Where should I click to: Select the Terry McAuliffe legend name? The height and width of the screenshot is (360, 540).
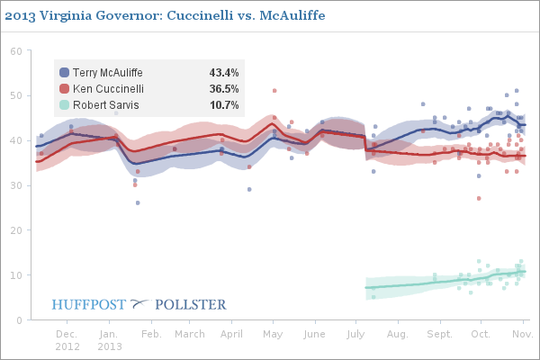tap(107, 72)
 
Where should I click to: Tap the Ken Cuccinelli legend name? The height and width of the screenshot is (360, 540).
tap(107, 88)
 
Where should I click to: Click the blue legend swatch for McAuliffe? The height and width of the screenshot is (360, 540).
tap(64, 72)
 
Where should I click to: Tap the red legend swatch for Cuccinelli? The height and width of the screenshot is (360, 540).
tap(64, 88)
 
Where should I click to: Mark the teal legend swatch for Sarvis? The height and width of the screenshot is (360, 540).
tap(64, 105)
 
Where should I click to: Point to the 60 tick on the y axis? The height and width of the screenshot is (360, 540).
tap(15, 50)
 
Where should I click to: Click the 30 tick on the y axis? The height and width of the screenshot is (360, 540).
tap(15, 185)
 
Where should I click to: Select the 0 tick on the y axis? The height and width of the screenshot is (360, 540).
tap(18, 319)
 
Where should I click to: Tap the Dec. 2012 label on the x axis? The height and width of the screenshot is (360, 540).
tap(67, 339)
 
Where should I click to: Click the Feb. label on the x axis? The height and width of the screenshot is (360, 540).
tap(150, 334)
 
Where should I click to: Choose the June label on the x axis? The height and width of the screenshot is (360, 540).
tap(316, 334)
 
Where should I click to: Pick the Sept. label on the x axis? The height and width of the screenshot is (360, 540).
tap(440, 334)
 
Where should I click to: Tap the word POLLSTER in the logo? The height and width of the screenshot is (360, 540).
tap(191, 304)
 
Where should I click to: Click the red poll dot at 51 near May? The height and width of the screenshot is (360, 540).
tap(274, 91)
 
